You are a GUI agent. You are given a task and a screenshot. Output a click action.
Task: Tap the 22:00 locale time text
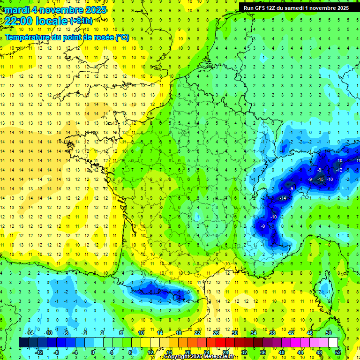(x=36, y=21)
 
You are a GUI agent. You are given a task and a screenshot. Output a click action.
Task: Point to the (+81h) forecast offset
(x=81, y=21)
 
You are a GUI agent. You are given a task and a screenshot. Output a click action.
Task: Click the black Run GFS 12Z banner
(x=296, y=7)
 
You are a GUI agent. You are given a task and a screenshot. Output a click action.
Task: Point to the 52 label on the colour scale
(x=338, y=352)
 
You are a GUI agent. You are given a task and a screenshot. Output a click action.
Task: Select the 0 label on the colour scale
(x=92, y=352)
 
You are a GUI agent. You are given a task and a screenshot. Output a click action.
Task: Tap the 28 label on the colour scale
(x=225, y=352)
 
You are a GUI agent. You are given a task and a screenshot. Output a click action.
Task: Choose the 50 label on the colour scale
(x=329, y=332)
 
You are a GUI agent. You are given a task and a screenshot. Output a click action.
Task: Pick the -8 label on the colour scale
(x=57, y=352)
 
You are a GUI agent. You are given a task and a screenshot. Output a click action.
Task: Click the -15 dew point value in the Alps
(x=321, y=180)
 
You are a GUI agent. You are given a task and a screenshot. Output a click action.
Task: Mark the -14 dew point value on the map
(x=283, y=198)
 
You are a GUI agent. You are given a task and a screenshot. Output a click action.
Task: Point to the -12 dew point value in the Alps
(x=339, y=170)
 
